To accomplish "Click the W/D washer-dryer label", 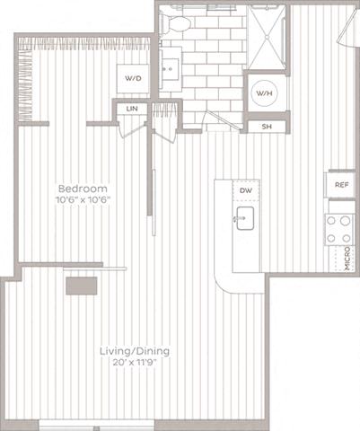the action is [x=133, y=78].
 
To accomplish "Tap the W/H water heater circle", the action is [x=265, y=93].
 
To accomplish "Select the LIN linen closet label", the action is [x=132, y=109].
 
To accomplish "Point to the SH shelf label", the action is [x=267, y=127].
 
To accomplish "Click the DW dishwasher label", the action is [x=246, y=190].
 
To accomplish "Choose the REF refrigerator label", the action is [x=341, y=185].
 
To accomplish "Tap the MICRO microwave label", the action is [x=347, y=259].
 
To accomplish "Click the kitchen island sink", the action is [x=245, y=218].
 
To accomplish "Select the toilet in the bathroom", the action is [x=175, y=23].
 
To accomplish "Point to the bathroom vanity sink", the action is [x=170, y=69].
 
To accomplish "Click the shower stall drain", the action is [x=266, y=38].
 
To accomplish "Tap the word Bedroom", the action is [x=83, y=189].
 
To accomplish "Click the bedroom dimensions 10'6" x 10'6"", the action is [x=83, y=199].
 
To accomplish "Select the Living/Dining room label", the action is [x=135, y=351].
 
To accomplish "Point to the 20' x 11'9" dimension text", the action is [x=135, y=363].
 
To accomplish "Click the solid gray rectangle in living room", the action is [x=82, y=286].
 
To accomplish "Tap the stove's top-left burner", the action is [x=331, y=221].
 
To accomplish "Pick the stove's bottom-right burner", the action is [x=347, y=239].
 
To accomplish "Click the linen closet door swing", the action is [x=132, y=130].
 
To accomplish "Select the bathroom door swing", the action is [x=223, y=120].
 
